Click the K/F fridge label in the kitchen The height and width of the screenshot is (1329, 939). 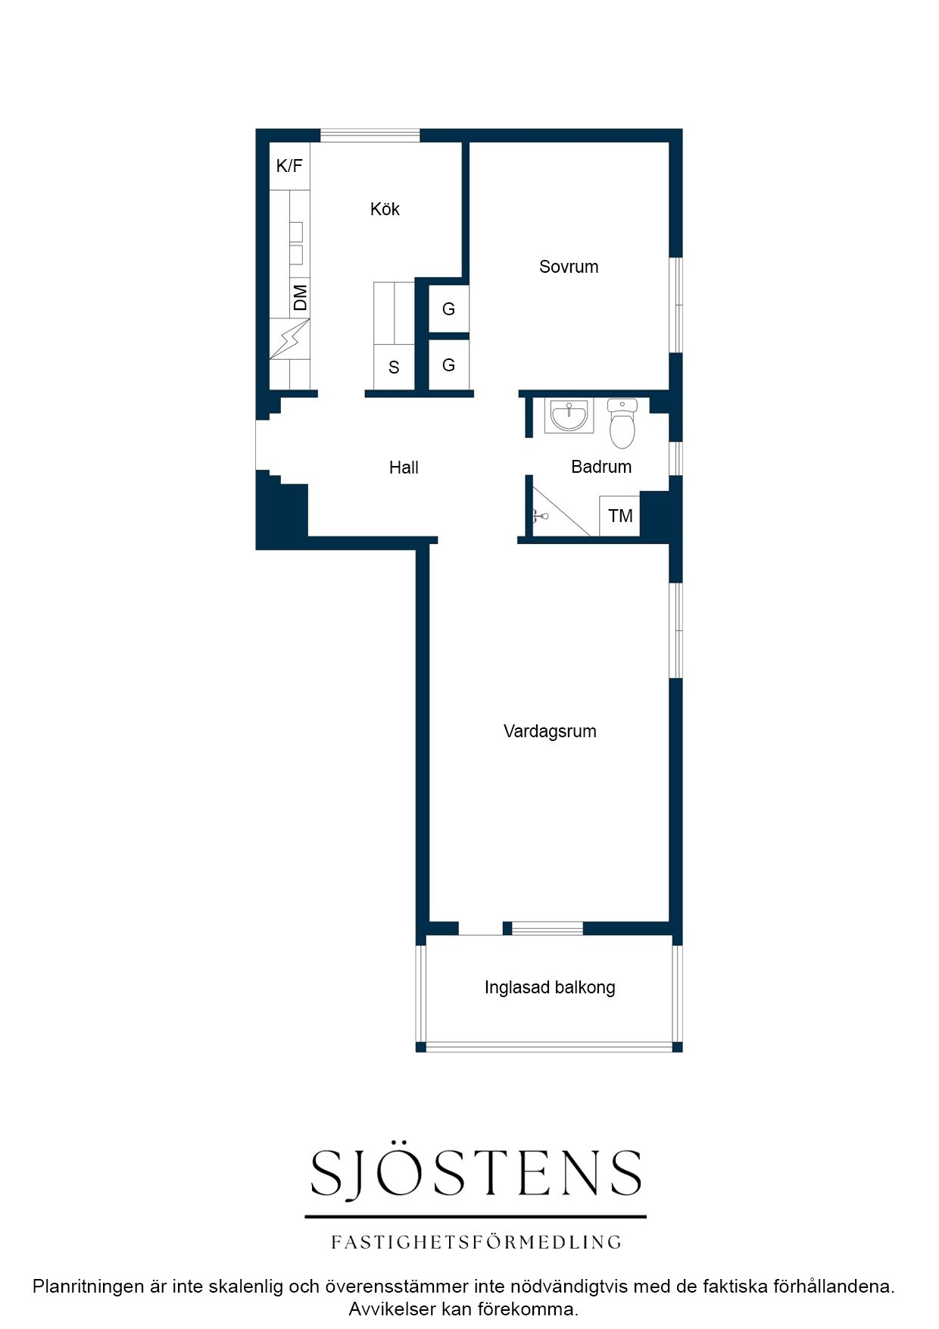click(x=289, y=166)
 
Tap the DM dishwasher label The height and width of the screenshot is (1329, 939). click(x=301, y=298)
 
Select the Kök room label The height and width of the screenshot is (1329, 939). click(x=385, y=209)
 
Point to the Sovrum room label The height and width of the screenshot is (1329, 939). click(x=569, y=267)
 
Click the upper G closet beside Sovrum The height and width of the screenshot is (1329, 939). click(x=449, y=309)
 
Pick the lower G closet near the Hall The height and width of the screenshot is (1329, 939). click(x=449, y=365)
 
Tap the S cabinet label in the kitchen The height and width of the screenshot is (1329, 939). click(x=394, y=367)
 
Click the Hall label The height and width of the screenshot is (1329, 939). click(x=404, y=467)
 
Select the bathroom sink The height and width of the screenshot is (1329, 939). click(x=569, y=415)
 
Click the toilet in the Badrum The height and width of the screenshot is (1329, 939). click(x=622, y=424)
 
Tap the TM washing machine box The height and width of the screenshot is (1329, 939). click(x=620, y=516)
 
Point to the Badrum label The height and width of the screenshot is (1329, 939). click(x=601, y=467)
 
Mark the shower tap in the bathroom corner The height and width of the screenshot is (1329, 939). click(x=540, y=517)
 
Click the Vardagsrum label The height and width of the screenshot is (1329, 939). click(x=550, y=731)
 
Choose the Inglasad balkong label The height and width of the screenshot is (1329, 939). click(x=550, y=987)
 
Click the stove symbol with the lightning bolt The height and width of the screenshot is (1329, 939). click(x=290, y=339)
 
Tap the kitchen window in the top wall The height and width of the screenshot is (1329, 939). click(x=370, y=136)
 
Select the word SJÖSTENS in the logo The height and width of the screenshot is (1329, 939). click(x=476, y=1172)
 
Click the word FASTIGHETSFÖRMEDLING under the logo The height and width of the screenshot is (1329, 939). click(x=476, y=1243)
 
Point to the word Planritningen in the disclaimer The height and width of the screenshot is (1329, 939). click(x=88, y=1286)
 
